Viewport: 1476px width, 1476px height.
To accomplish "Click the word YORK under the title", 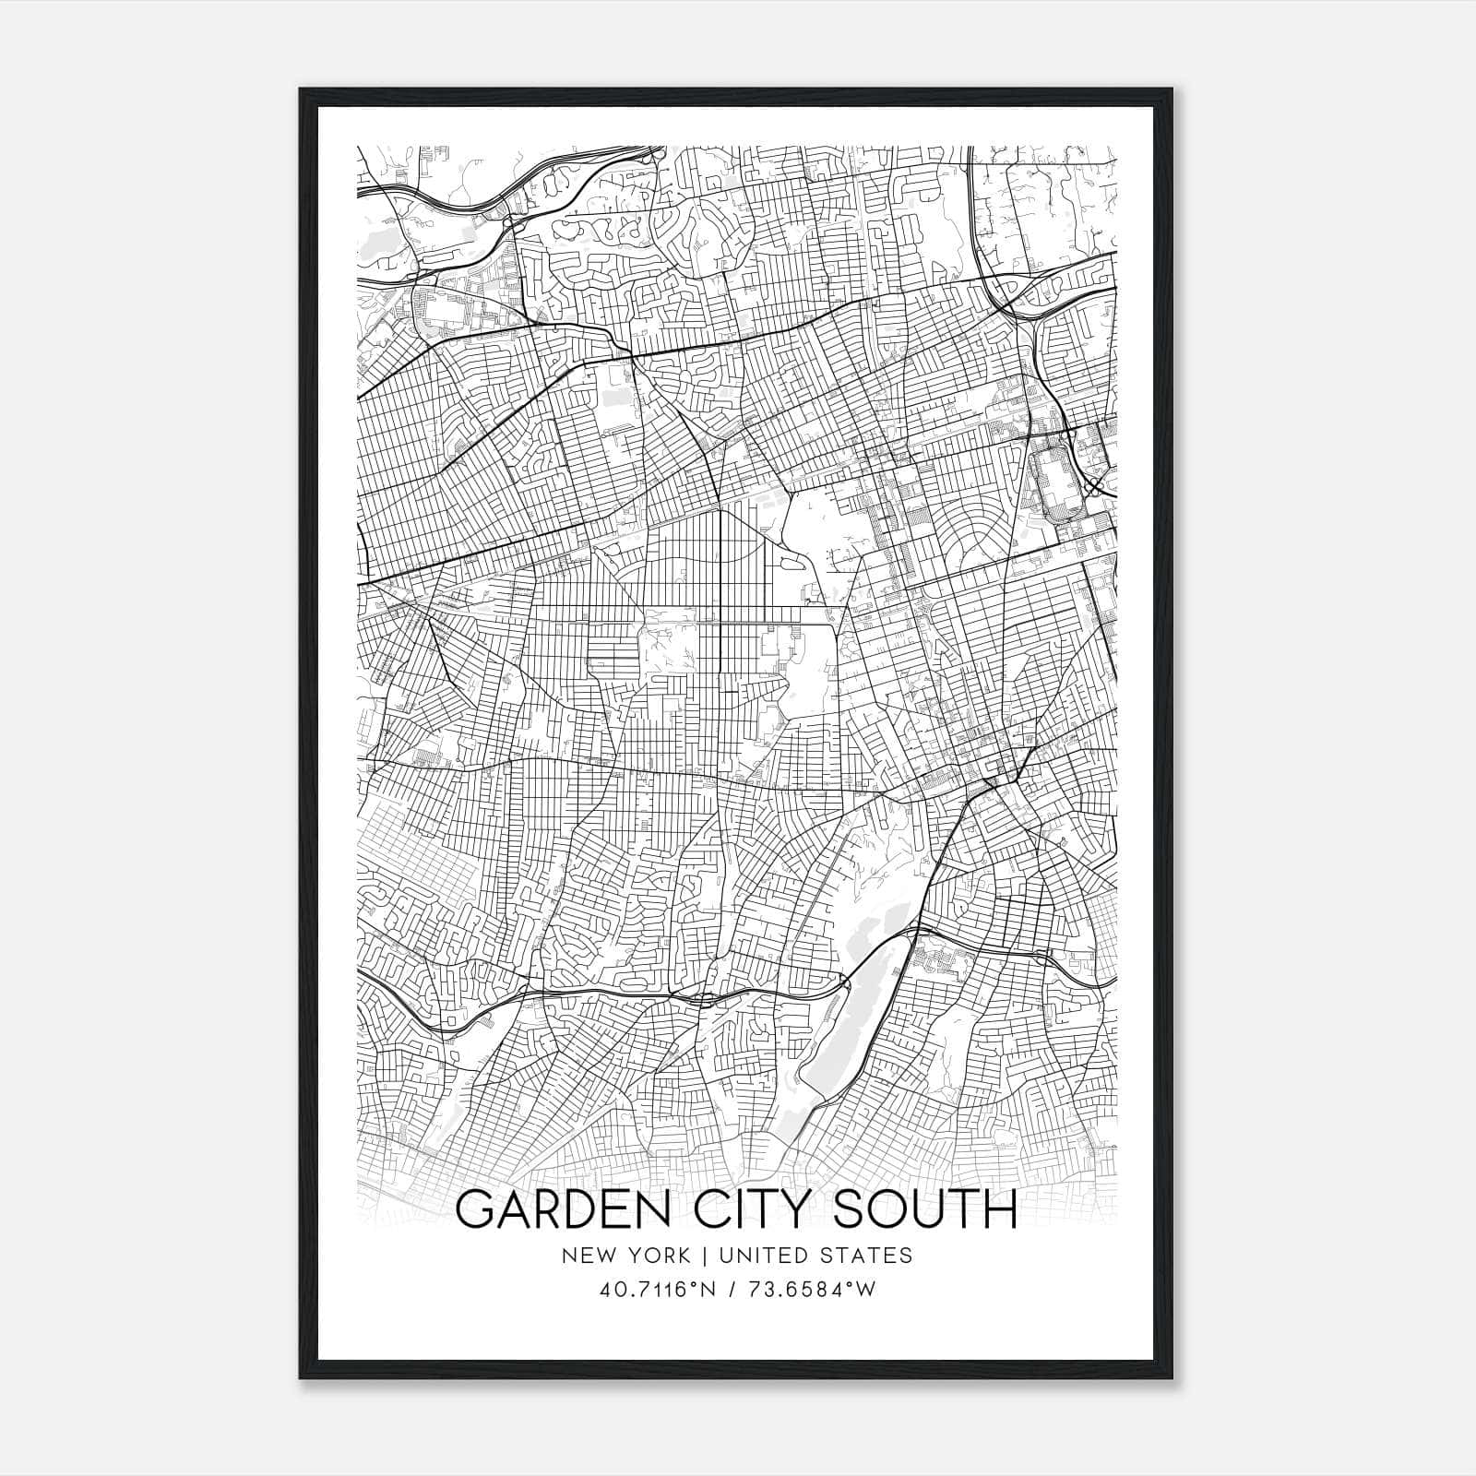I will pyautogui.click(x=658, y=1256).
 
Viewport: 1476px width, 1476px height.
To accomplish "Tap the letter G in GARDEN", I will pyautogui.click(x=476, y=1209).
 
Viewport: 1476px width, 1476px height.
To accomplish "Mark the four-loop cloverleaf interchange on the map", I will pyautogui.click(x=1094, y=486).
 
